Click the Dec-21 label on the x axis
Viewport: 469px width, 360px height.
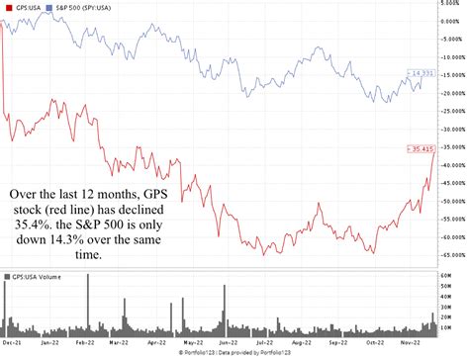pyautogui.click(x=13, y=343)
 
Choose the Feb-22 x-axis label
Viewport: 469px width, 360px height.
pyautogui.click(x=86, y=343)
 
